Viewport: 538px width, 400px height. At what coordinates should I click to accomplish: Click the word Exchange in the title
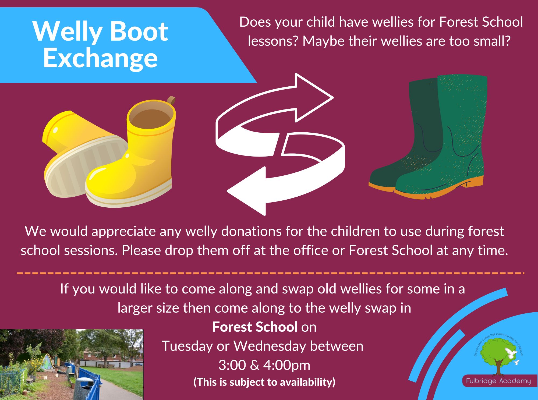pos(100,58)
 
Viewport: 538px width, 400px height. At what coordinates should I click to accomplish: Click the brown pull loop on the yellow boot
pos(171,101)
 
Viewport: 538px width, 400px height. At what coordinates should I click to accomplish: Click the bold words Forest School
pos(255,327)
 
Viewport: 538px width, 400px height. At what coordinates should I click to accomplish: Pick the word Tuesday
pos(187,346)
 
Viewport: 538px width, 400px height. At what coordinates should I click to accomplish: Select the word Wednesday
pos(270,346)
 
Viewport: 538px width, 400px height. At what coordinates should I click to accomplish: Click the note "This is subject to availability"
pos(264,382)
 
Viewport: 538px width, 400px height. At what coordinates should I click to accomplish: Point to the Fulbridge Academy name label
pos(498,381)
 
